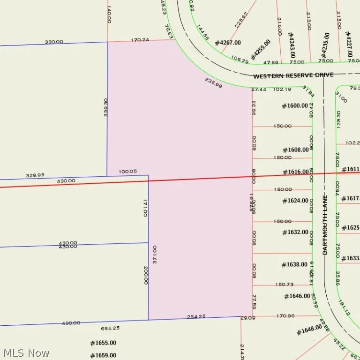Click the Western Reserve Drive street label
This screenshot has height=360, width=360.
pos(293,75)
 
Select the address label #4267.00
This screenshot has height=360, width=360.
pos(228,43)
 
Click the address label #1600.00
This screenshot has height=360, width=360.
pos(295,106)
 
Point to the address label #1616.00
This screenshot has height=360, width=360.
pos(296,172)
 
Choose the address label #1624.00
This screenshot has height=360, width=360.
pos(295,201)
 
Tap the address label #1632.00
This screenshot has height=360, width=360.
pos(295,232)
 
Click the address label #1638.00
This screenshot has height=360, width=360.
pos(294,264)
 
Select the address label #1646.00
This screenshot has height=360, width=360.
pos(297,296)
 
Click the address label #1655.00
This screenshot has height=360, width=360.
pos(103,343)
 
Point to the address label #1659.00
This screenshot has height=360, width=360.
pos(103,355)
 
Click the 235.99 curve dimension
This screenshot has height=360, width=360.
pos(213,82)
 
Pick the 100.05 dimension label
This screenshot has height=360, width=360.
pos(128,171)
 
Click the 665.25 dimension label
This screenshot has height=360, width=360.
pos(110,328)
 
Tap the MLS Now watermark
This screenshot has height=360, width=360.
pos(26,353)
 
